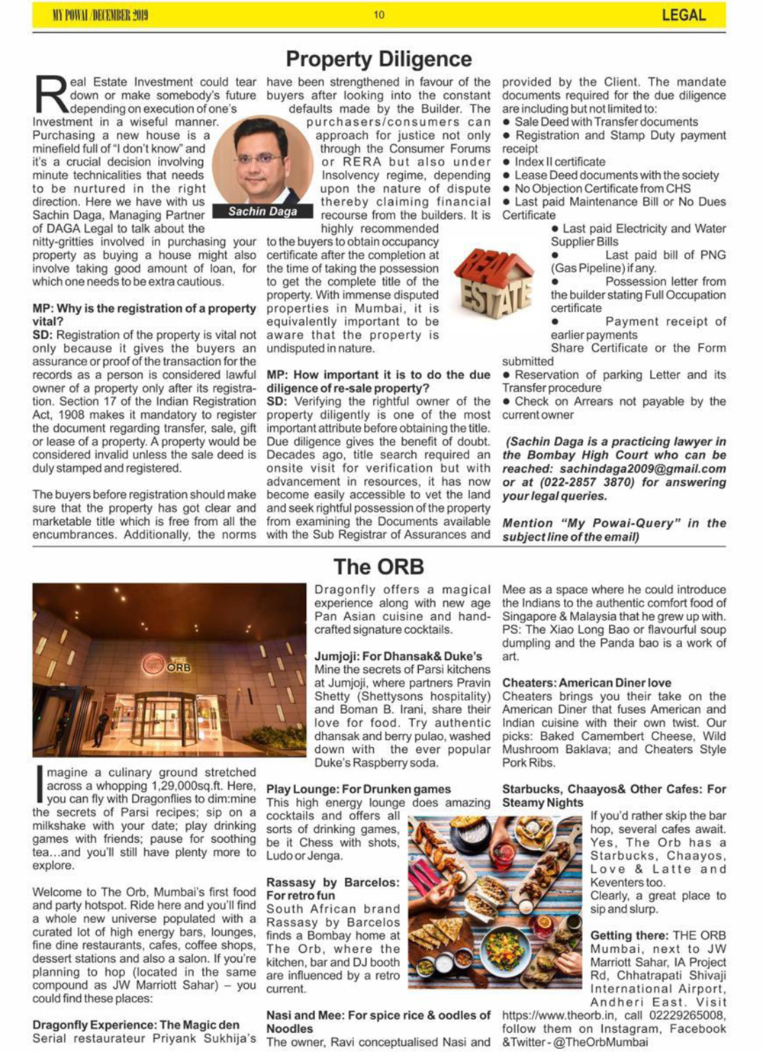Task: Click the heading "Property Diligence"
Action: [378, 59]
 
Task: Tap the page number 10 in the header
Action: [379, 14]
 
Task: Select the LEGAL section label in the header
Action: [683, 14]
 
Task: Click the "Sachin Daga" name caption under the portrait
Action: [262, 211]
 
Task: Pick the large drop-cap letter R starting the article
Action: [50, 98]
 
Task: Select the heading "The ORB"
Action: [378, 567]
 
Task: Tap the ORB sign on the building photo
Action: [167, 665]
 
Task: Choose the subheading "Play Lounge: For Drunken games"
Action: [359, 790]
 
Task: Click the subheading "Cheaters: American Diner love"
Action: [587, 683]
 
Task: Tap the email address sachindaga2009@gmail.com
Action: [640, 469]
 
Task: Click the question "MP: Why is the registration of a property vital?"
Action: [144, 315]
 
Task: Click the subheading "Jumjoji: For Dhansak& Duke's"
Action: [398, 656]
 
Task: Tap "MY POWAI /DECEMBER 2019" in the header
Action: [100, 14]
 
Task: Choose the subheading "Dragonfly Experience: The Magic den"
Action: [136, 1025]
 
